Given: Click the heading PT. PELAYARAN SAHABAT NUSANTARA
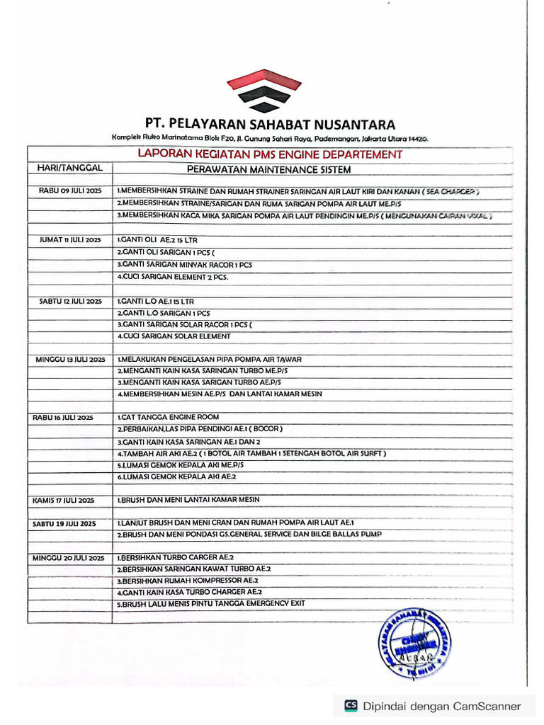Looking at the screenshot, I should point(270,124).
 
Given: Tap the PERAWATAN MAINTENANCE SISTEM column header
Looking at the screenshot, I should point(268,169).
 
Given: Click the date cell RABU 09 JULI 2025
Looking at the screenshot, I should point(71,191).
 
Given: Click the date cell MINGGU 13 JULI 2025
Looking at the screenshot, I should point(71,360).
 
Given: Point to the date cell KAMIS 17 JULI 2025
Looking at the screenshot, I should point(64,501).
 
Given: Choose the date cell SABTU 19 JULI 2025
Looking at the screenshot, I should point(64,524).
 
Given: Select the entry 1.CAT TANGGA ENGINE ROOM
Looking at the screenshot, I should point(168,417).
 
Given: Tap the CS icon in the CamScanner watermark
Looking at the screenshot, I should point(351,705).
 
